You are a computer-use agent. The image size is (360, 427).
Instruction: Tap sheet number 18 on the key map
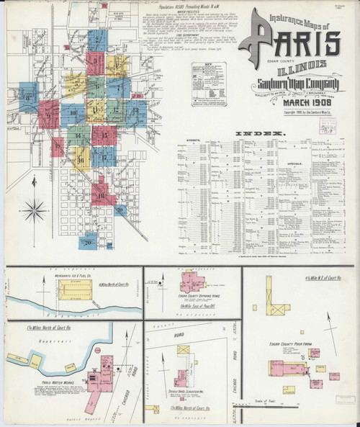102,195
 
